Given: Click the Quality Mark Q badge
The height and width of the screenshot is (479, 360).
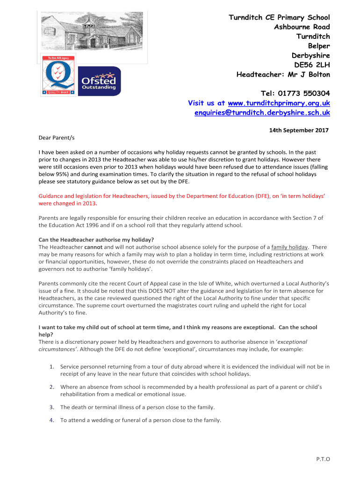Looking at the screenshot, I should click(x=58, y=75).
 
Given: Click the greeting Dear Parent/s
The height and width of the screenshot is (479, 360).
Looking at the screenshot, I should click(x=56, y=138).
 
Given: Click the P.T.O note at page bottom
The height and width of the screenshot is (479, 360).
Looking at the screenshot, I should click(x=323, y=459).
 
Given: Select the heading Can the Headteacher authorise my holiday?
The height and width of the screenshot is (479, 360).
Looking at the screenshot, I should click(x=96, y=240).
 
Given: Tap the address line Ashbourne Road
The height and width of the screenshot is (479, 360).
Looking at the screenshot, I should click(x=302, y=27).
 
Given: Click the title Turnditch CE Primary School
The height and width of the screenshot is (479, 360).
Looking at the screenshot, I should click(x=279, y=18).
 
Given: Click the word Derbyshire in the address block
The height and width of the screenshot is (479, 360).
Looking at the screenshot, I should click(x=310, y=56).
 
